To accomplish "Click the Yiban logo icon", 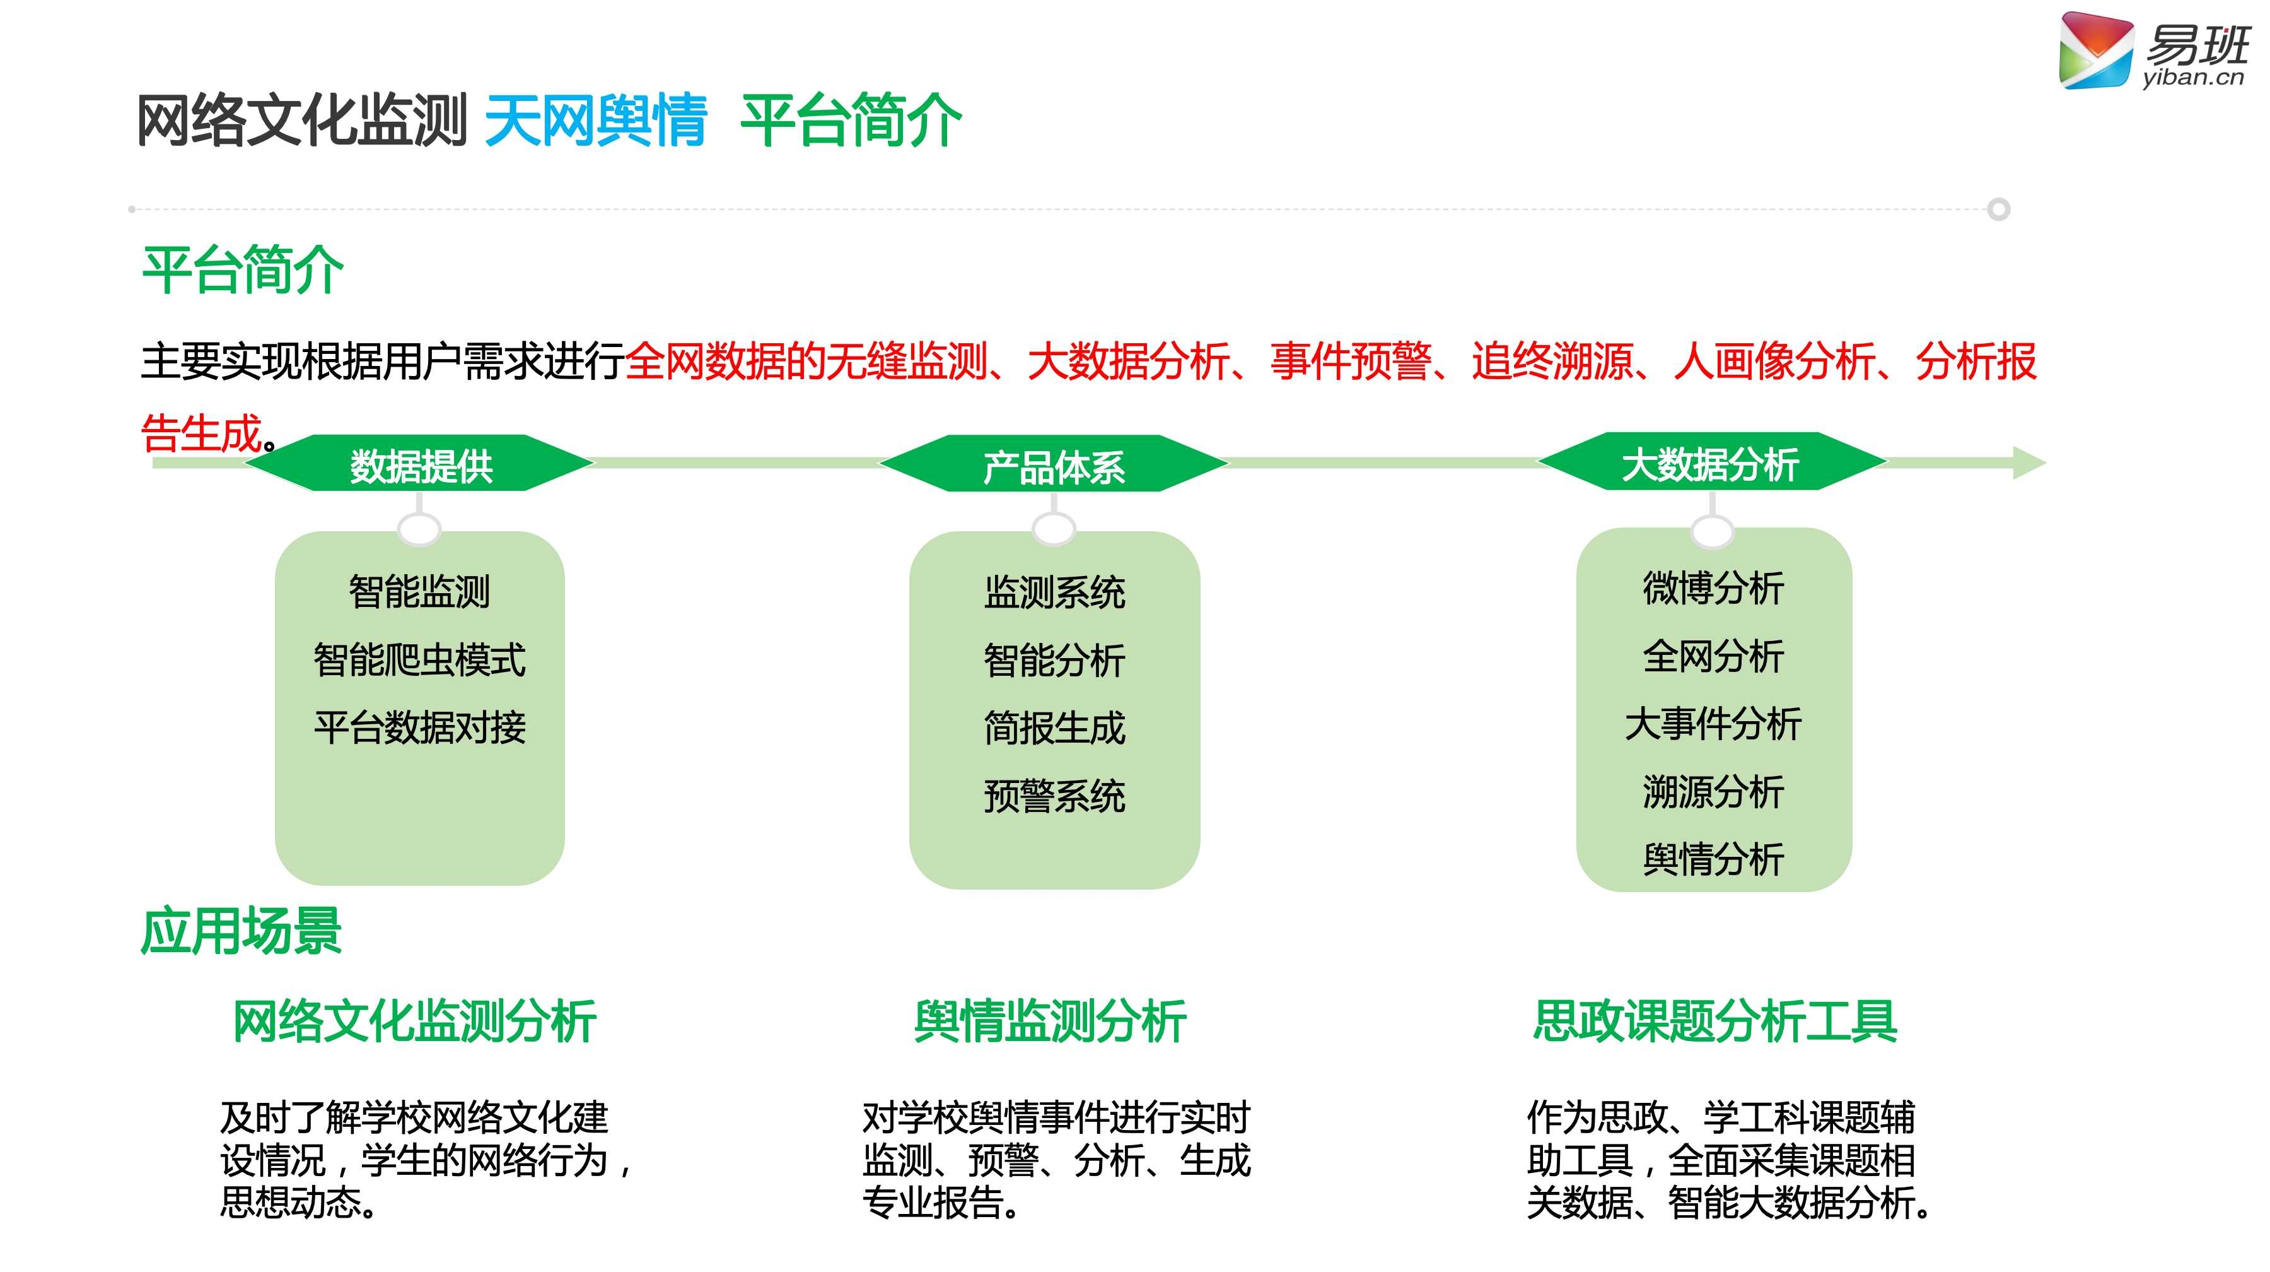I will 2095,51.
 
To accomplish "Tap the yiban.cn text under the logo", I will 2192,78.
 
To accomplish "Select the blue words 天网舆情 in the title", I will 596,121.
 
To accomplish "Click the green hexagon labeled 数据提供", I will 421,464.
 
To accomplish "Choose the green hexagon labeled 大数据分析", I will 1711,462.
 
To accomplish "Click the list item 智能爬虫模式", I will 419,659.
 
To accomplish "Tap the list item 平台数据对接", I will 419,727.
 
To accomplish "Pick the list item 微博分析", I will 1713,588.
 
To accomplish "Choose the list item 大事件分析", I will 1713,724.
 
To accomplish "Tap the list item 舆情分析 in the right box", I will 1713,859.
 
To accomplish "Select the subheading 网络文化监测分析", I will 414,1021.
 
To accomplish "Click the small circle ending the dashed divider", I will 1999,210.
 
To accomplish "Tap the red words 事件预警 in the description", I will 1350,362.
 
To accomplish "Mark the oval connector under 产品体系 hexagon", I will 1053,529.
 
